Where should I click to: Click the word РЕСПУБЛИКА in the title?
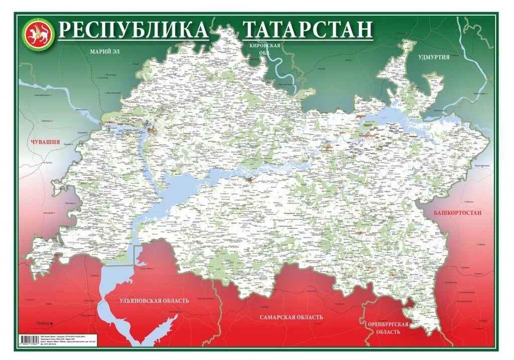click(133, 30)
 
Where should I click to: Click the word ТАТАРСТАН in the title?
click(308, 30)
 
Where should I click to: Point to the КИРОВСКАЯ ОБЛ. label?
click(265, 48)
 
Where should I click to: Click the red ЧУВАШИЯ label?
click(45, 142)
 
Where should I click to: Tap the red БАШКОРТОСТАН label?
click(457, 213)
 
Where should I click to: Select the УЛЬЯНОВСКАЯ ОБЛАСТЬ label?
click(154, 301)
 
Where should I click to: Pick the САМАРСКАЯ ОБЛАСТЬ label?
click(291, 317)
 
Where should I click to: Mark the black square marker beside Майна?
click(51, 323)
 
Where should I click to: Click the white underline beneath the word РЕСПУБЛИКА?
click(133, 40)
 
